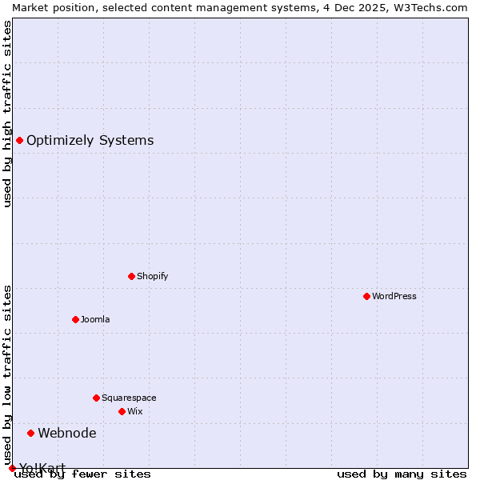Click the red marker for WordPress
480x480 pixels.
(x=366, y=296)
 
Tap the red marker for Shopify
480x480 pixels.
(x=131, y=276)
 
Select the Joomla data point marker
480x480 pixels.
(x=75, y=319)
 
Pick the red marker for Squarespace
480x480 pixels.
(x=96, y=398)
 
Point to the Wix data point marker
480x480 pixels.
(x=122, y=411)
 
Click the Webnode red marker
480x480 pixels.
(x=30, y=433)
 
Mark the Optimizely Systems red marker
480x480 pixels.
(x=19, y=140)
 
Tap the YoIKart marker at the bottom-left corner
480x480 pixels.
(x=12, y=468)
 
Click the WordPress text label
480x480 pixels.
(x=394, y=296)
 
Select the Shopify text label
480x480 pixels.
(x=153, y=276)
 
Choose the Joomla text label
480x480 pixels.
(x=95, y=319)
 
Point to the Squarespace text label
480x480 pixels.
(x=129, y=398)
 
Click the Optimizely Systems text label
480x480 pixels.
(x=90, y=140)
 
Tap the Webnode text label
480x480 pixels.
(x=67, y=433)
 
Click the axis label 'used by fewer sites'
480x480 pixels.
(x=82, y=474)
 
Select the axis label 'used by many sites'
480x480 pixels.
(x=402, y=474)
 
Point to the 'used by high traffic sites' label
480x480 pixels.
(x=7, y=114)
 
